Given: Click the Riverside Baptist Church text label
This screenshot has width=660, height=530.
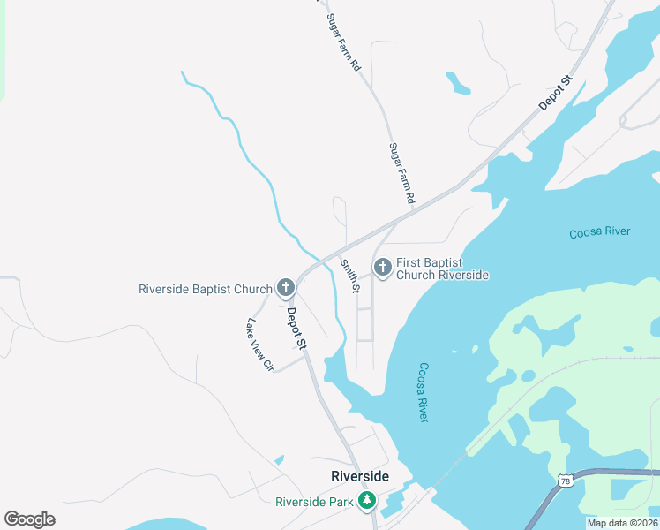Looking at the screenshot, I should (205, 289).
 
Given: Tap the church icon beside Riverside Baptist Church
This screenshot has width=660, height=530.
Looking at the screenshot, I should (285, 288).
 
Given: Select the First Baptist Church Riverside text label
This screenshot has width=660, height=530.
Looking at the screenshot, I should (442, 269).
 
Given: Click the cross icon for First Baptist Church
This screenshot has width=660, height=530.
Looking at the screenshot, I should (382, 268).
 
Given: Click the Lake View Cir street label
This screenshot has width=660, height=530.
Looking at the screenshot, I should (261, 344).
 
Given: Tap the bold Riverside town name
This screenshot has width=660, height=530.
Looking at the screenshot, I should (359, 476).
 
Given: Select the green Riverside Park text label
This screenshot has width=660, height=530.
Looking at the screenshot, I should (314, 502).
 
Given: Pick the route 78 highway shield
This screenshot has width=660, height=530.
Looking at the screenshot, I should (565, 479).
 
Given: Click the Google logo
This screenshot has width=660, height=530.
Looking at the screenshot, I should (29, 519).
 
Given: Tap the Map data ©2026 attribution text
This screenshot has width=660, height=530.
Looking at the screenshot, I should (621, 523).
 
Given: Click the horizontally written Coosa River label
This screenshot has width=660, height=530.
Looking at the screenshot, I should (600, 232).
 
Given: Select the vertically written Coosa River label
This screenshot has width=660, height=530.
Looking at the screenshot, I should (423, 392).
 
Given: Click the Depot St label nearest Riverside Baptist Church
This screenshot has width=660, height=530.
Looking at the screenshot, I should (296, 328).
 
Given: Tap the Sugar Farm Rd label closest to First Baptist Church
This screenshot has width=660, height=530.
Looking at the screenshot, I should (401, 174).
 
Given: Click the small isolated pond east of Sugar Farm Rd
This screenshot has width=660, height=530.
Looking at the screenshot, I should (457, 82).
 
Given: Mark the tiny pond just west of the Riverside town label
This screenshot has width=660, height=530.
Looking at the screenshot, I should (280, 460).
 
